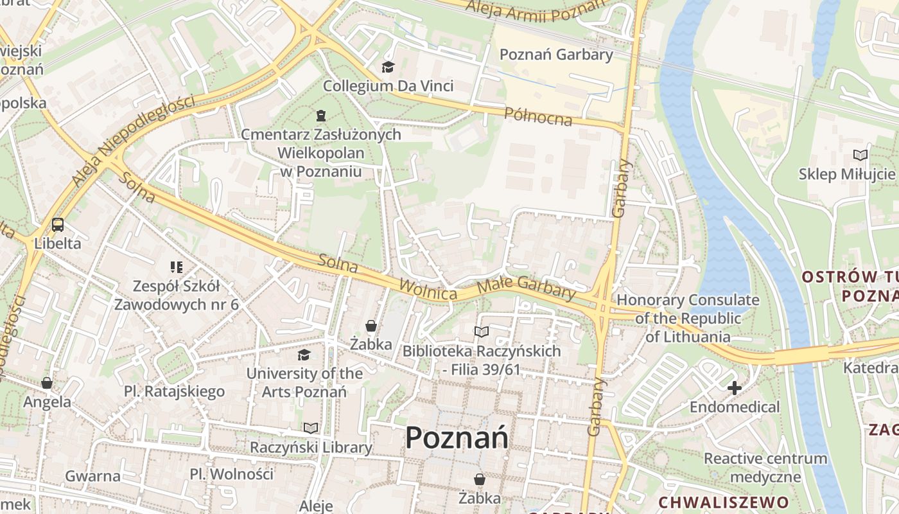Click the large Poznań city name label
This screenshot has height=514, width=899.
(457, 438)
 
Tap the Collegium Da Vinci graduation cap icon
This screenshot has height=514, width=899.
(388, 67)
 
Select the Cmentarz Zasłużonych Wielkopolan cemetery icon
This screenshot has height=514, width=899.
(320, 116)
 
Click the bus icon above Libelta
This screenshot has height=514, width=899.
(58, 225)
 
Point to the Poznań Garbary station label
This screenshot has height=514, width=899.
(556, 55)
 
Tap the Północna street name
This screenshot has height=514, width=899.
(538, 116)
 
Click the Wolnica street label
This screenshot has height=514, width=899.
(428, 289)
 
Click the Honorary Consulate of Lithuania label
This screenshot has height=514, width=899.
(688, 318)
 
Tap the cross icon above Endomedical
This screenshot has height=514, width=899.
(735, 387)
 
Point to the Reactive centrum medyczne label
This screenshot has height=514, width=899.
(765, 468)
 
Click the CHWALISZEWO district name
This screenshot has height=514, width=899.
(724, 502)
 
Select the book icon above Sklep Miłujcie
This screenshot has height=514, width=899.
(860, 155)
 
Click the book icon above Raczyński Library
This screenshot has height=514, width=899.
(311, 428)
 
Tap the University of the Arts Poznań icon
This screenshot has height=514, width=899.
(304, 355)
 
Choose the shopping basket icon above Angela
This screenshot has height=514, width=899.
(47, 383)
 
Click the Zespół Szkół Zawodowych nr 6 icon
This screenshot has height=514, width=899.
(177, 267)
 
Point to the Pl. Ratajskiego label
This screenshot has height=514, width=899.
(174, 391)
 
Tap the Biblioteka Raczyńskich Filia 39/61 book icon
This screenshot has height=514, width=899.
(481, 332)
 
